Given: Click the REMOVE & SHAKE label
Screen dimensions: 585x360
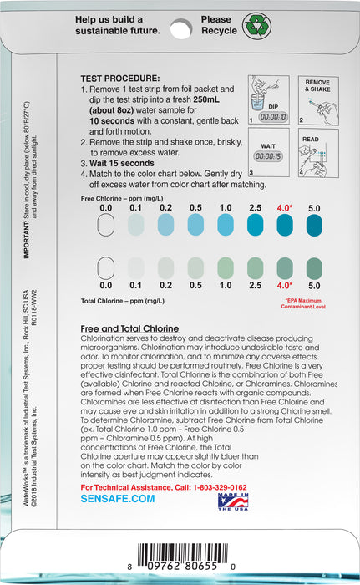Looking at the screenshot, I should pos(317,85).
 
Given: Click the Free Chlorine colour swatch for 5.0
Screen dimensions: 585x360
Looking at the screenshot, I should pos(315,223).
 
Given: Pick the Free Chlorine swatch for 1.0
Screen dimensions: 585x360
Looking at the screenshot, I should pos(226,223).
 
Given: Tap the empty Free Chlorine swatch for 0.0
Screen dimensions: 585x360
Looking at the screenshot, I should pos(106,223).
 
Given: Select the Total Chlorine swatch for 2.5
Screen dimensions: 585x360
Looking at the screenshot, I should pos(256,267).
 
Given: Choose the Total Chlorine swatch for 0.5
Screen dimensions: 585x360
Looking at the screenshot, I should pos(195,267).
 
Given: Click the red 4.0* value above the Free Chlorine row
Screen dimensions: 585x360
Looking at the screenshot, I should pos(285,206).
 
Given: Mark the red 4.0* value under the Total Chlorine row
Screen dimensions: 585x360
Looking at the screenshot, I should pos(285,286).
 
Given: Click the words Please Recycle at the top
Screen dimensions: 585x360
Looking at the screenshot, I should pos(216,24).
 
